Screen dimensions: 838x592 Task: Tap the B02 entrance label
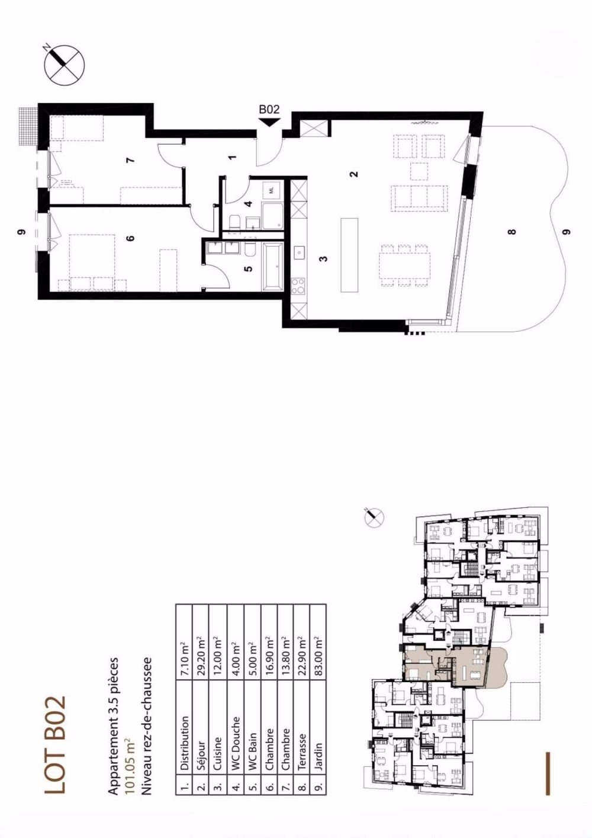[x=269, y=110]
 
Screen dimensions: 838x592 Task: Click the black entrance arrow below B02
[x=269, y=121]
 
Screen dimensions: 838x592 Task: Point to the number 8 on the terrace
[x=512, y=231]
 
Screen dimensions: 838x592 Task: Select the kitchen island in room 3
[x=349, y=255]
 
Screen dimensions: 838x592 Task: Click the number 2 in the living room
[x=353, y=174]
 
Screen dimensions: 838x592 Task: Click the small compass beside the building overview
[x=374, y=517]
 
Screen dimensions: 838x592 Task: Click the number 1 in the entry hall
[x=232, y=157]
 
